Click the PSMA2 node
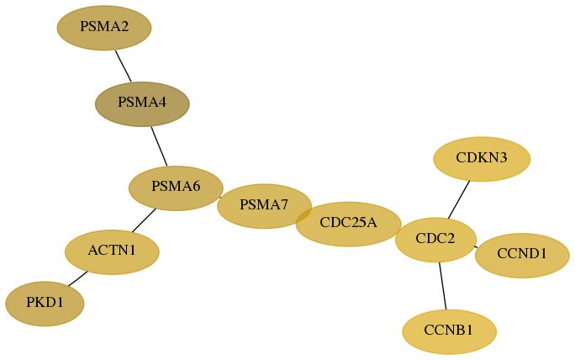point(104,28)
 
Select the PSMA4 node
point(142,104)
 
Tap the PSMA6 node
point(176,188)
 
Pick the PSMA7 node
point(265,206)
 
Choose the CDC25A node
point(348,224)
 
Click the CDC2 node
point(435,240)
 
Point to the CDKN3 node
point(482,159)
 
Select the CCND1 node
point(522,256)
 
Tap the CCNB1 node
point(449,331)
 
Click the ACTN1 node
point(112,252)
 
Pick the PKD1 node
point(45,304)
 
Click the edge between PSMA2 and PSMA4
point(124,66)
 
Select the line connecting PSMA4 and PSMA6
point(159,146)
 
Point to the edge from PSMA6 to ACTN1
point(144,220)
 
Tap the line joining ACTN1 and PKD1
point(77,278)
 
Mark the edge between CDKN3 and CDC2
point(459,199)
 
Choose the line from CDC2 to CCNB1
point(443,286)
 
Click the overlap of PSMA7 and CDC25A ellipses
point(304,214)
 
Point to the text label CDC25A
point(348,222)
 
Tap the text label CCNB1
point(449,331)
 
